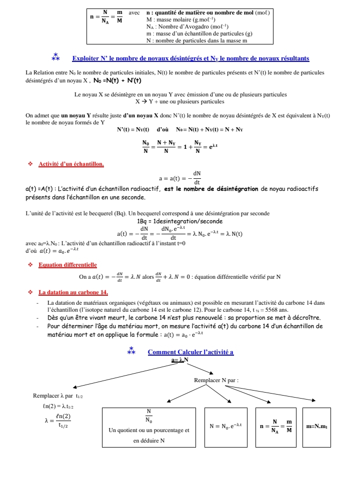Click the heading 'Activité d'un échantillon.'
[71, 164]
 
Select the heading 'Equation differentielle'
[67, 265]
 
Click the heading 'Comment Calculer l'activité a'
[190, 352]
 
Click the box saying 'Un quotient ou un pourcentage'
[148, 427]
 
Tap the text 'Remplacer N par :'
[216, 380]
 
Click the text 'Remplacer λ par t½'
[57, 396]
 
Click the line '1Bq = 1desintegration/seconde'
[179, 221]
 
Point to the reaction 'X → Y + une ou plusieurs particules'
[179, 101]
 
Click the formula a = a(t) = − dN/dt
[179, 177]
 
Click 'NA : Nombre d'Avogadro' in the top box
[187, 26]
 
